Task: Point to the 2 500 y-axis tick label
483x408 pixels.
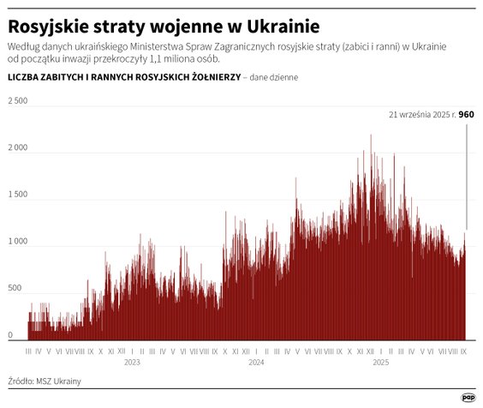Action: (18, 101)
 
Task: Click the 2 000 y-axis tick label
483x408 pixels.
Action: (18, 148)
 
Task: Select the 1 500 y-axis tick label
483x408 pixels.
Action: (18, 195)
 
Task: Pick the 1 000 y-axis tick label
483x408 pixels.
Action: (18, 243)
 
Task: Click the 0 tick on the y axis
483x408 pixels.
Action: (10, 336)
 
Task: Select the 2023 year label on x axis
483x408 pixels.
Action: (132, 363)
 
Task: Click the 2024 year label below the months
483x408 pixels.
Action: (255, 363)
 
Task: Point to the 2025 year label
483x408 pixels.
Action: (379, 363)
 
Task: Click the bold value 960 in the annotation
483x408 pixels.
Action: (466, 114)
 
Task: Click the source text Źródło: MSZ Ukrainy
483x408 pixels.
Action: (46, 381)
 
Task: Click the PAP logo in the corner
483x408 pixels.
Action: (468, 397)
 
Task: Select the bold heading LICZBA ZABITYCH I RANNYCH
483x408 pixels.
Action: (122, 77)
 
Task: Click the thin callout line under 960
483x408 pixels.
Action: (466, 171)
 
